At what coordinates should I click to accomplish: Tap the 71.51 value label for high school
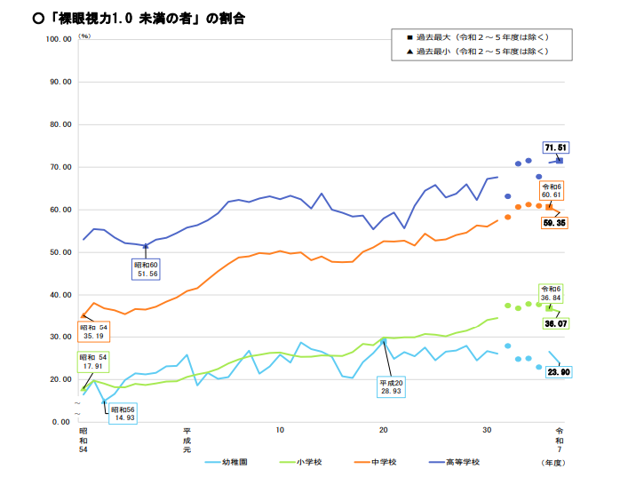click(557, 147)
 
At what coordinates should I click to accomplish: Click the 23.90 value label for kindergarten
click(557, 372)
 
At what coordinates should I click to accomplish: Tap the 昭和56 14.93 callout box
click(123, 413)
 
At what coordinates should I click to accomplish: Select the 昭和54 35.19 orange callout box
click(94, 332)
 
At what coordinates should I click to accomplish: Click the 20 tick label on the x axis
click(384, 431)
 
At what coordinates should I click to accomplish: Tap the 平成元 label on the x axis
click(187, 439)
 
